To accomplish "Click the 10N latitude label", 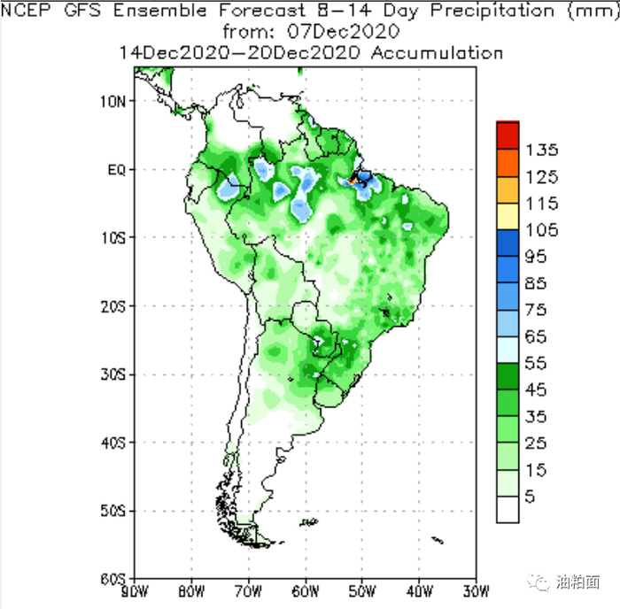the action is coord(112,102).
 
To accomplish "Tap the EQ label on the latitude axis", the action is coord(117,170).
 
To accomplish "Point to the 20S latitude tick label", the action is coord(112,306).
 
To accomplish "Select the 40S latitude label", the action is coord(112,443).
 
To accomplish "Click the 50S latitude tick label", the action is coord(112,511).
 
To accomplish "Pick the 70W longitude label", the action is coord(249,591).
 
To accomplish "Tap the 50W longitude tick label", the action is coord(362,591).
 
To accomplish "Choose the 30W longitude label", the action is coord(477,591).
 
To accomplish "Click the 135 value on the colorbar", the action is coord(542,150).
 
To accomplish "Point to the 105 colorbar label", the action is coord(542,230).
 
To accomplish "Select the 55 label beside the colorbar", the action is coord(536,363).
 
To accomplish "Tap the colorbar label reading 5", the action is coord(530,497).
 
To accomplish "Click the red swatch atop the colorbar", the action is coord(508,135).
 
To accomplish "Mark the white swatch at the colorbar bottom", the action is coord(508,509).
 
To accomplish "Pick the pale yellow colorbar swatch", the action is coord(508,216).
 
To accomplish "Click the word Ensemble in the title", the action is coord(160,11).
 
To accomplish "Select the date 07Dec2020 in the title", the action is coord(344,32).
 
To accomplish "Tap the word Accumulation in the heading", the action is coord(437,53).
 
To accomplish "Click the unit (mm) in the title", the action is coord(594,12).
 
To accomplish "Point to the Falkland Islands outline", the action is coord(309,522).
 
